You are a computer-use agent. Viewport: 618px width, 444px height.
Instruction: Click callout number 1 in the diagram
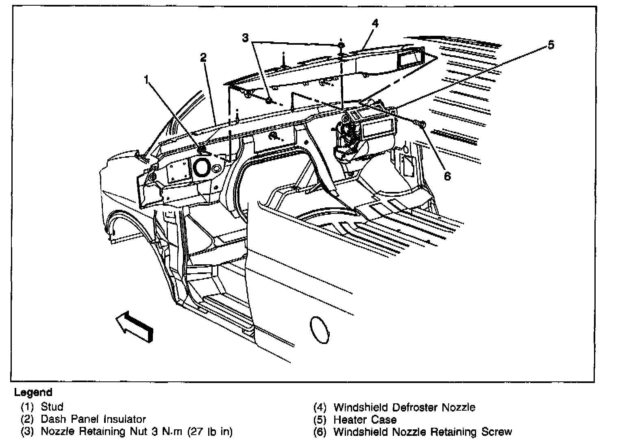[146, 79]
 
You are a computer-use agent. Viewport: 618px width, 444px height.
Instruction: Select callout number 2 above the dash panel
[203, 57]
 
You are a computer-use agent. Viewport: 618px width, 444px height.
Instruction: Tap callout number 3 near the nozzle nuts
[245, 38]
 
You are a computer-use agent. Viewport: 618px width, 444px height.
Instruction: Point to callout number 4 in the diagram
[375, 23]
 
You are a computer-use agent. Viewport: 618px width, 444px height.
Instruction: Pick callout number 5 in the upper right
[551, 45]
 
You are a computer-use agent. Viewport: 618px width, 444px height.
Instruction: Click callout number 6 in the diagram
[447, 176]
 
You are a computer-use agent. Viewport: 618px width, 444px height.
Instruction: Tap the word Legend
[33, 392]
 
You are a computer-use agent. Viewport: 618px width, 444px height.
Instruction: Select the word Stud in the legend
[52, 407]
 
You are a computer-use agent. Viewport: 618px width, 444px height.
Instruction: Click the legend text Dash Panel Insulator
[93, 419]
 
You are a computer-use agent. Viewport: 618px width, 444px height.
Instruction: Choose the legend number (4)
[320, 407]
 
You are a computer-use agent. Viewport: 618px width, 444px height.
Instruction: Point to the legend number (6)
[320, 432]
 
